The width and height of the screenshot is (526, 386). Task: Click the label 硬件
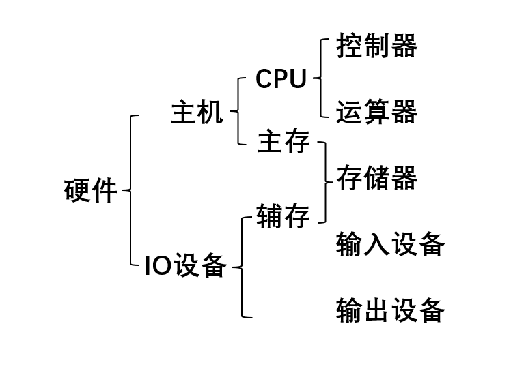click(91, 190)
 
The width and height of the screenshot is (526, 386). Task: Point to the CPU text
click(281, 79)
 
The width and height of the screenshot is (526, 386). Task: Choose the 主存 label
click(283, 143)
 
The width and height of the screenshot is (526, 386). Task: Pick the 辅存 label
click(283, 217)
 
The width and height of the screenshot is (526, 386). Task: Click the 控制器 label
click(376, 46)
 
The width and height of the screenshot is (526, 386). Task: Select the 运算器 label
click(376, 113)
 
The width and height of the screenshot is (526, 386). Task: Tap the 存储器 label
click(376, 179)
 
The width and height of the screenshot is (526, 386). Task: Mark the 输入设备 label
click(390, 244)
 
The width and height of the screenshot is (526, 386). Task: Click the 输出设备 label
click(390, 310)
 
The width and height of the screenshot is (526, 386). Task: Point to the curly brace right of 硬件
click(130, 190)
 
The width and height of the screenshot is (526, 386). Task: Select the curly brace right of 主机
click(238, 111)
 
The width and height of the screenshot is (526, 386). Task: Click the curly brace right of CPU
click(320, 78)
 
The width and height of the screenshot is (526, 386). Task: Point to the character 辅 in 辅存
click(269, 217)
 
